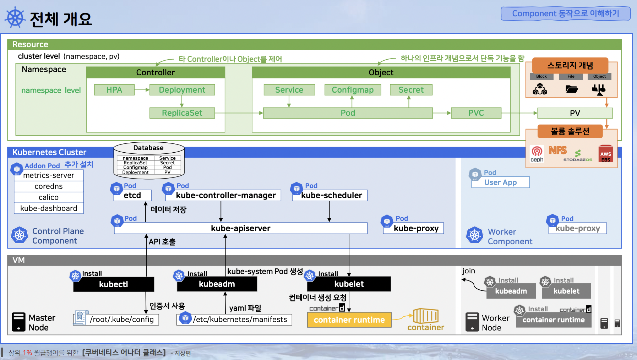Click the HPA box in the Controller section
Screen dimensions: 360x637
click(114, 90)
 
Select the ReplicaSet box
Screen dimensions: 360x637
click(182, 113)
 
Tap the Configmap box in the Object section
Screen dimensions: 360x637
click(353, 90)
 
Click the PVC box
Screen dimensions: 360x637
click(476, 113)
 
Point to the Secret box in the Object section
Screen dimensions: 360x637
click(411, 90)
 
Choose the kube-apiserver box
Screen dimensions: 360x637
click(241, 228)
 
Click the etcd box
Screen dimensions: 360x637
click(132, 195)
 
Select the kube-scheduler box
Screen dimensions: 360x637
click(330, 195)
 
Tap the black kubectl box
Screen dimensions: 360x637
click(114, 284)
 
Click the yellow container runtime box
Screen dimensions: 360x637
click(349, 320)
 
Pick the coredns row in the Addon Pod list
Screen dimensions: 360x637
click(49, 186)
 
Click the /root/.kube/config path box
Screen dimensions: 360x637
click(122, 320)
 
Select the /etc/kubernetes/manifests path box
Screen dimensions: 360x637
click(240, 320)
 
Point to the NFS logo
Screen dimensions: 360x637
click(557, 151)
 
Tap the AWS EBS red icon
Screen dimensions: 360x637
click(605, 154)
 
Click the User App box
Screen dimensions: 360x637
click(500, 182)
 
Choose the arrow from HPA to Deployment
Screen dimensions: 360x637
click(142, 90)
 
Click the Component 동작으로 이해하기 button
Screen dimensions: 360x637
click(565, 13)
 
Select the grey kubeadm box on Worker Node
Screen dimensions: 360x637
click(511, 291)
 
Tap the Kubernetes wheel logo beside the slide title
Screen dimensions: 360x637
click(15, 17)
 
